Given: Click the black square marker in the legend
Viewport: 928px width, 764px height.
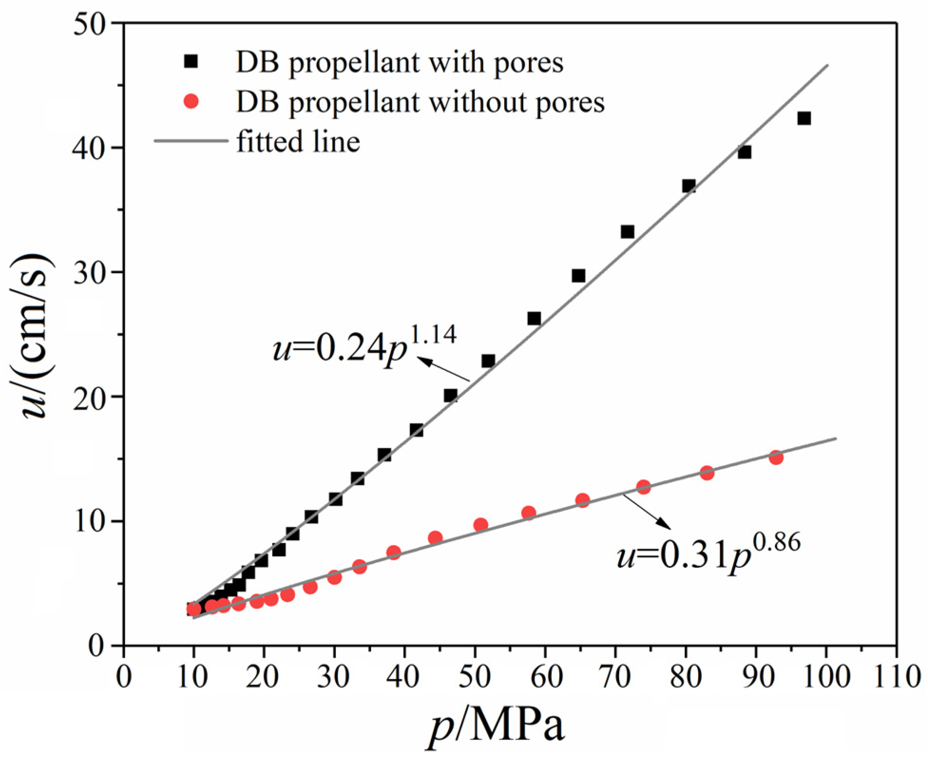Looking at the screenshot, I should [x=191, y=61].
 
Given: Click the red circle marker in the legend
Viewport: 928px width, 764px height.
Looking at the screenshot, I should [x=191, y=101].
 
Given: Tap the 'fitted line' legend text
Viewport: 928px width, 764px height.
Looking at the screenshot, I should [x=298, y=142].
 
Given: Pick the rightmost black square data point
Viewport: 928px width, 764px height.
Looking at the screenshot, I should [x=804, y=118].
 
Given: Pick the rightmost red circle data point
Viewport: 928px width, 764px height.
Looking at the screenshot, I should [x=776, y=458].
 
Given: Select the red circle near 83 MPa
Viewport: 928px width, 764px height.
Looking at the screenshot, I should [x=707, y=473].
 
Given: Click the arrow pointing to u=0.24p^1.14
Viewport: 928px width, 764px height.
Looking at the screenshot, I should [x=444, y=370].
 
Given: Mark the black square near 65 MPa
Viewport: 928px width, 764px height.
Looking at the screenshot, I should [x=578, y=276].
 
